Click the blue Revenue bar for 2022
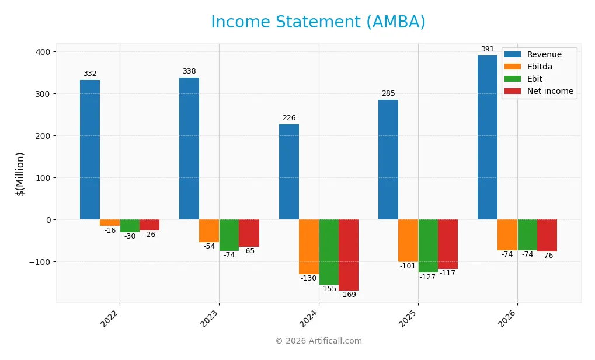click(90, 149)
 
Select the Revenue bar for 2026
click(488, 137)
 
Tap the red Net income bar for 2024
click(349, 254)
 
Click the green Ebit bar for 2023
click(229, 235)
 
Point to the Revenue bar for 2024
click(289, 172)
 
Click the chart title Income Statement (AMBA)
click(318, 22)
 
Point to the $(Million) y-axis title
click(20, 174)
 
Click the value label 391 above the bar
click(488, 49)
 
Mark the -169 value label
click(349, 295)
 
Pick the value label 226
click(289, 118)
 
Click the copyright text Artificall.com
click(318, 341)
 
